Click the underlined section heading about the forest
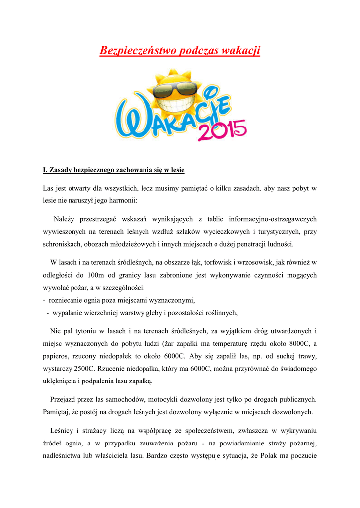114,170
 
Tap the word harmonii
127,202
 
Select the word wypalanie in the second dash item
69,312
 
